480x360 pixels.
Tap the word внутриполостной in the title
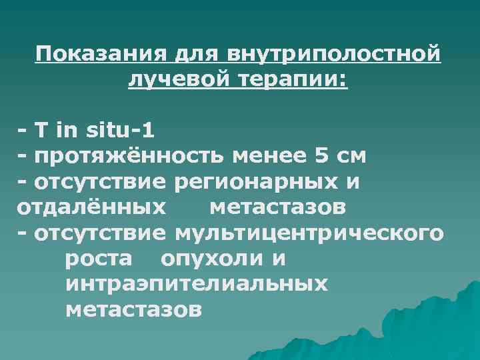[334, 54]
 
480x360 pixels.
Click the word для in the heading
[199, 54]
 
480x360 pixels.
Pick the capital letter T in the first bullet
[41, 131]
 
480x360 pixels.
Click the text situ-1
[120, 131]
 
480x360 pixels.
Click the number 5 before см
[321, 157]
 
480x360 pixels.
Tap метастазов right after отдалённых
[277, 208]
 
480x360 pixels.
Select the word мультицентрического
[307, 233]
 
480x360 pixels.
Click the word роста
[99, 259]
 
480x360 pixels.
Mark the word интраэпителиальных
[197, 285]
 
